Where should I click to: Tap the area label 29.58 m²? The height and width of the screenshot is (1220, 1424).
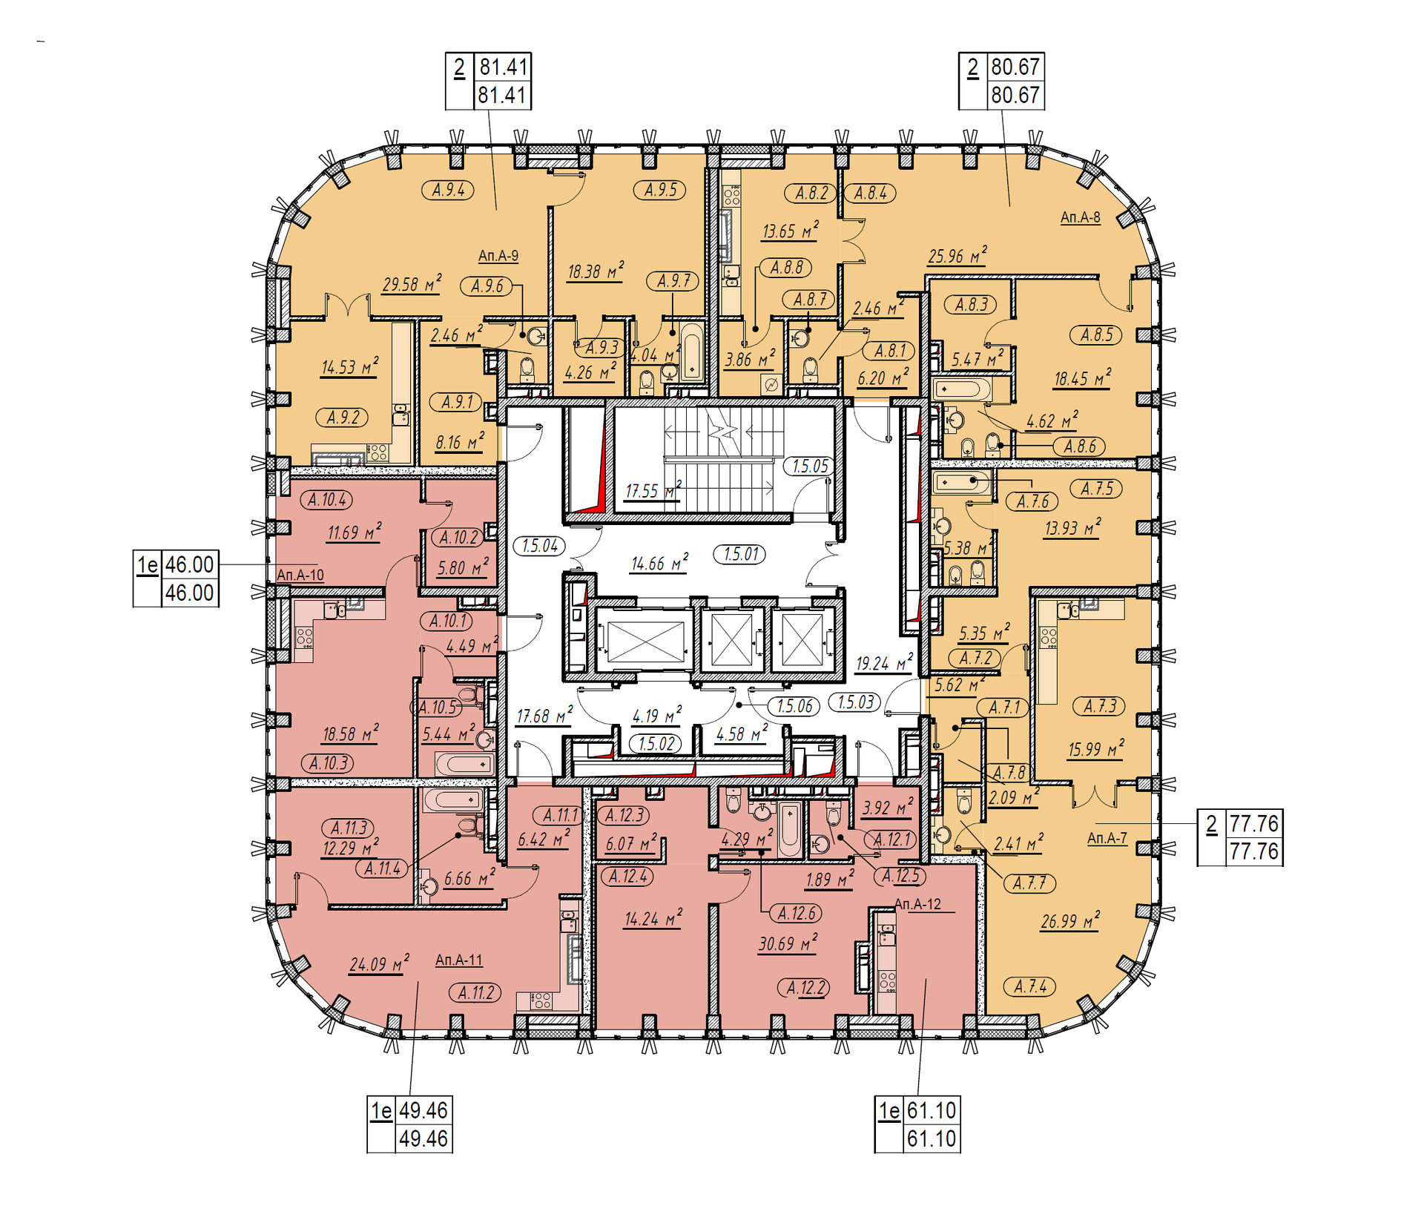(x=412, y=284)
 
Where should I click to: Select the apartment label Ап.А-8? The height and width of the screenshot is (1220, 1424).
(x=1080, y=217)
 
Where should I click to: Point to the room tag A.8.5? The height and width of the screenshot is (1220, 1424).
(x=1096, y=334)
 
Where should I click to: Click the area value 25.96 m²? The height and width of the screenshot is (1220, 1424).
(x=957, y=256)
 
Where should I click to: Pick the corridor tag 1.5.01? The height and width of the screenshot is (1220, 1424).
(x=741, y=554)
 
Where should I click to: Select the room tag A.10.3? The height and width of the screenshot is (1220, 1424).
(x=328, y=762)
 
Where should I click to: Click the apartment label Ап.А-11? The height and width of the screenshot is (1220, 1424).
(x=458, y=960)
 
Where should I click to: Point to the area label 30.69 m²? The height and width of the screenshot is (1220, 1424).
(x=787, y=943)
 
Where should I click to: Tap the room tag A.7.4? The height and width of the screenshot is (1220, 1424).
(x=1030, y=986)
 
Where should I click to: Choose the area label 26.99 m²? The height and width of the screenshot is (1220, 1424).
(x=1069, y=921)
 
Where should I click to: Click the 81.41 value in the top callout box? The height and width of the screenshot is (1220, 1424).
(x=502, y=67)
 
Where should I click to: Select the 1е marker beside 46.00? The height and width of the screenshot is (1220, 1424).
(x=148, y=565)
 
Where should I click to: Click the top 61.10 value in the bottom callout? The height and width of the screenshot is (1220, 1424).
(x=932, y=1110)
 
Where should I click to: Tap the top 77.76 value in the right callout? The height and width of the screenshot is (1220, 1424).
(x=1253, y=824)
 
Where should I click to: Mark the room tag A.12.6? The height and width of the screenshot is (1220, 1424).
(x=797, y=913)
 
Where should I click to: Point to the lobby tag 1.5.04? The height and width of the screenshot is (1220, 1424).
(x=539, y=546)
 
